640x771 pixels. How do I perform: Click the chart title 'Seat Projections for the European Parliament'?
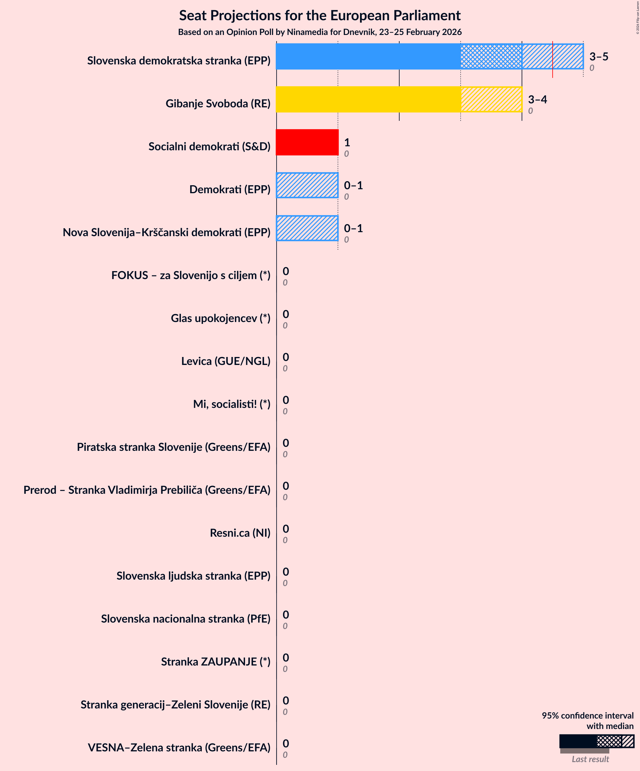320,15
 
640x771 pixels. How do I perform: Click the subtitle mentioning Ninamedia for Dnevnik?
320,32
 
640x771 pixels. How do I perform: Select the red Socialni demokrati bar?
307,142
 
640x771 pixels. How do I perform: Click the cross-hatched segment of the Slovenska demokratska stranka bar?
491,56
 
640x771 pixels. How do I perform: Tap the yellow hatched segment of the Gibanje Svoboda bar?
491,99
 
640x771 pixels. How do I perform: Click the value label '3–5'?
599,56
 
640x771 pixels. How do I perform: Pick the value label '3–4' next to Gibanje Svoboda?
537,99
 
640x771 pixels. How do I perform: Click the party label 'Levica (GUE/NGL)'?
225,361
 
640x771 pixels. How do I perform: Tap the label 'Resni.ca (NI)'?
240,532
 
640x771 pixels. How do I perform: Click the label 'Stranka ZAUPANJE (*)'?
216,661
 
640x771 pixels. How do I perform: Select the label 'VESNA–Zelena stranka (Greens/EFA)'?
179,747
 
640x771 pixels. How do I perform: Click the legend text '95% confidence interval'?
588,715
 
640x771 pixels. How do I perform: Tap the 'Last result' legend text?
590,759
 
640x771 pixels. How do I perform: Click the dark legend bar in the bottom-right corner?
577,741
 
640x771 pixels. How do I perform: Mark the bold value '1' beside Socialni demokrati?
347,142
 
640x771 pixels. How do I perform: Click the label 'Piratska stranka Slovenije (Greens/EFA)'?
173,447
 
